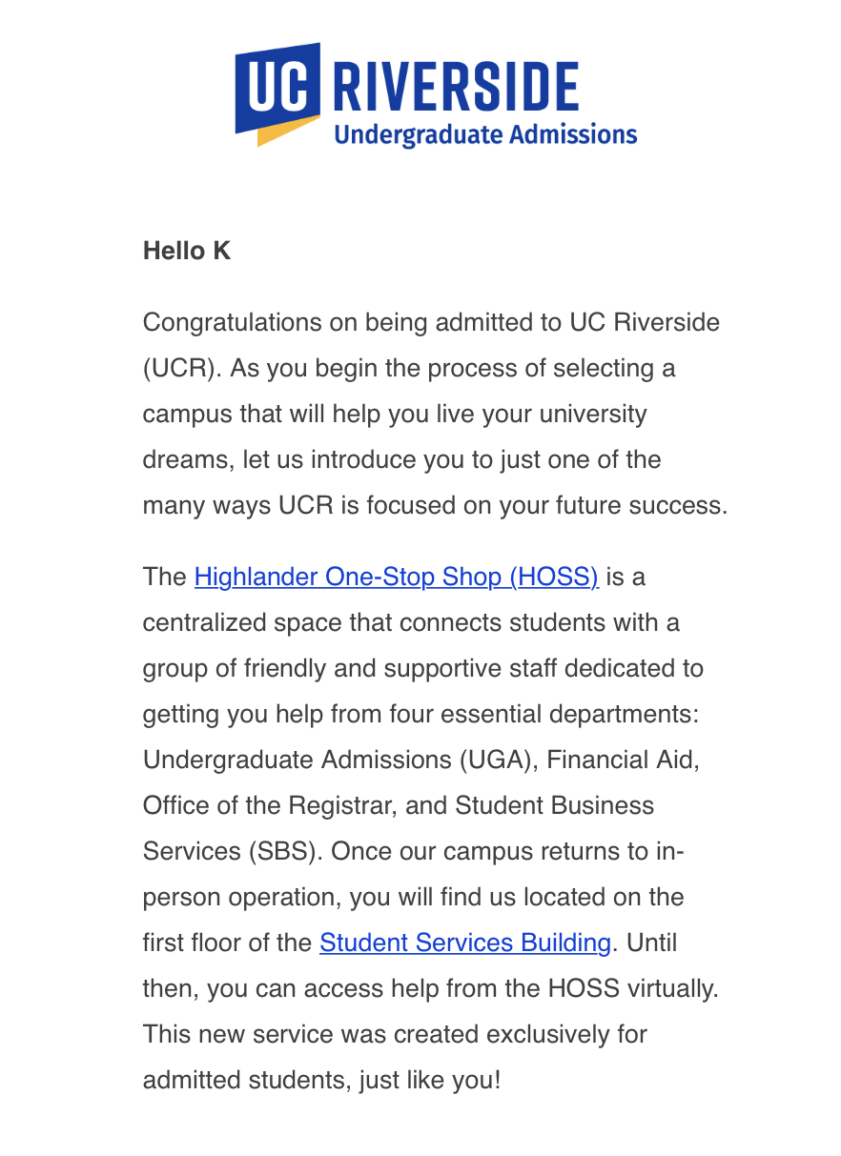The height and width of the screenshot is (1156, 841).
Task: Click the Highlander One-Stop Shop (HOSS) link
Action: pos(396,578)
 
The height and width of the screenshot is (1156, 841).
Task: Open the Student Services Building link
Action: pos(464,943)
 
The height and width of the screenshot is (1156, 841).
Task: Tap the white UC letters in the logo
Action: pos(277,89)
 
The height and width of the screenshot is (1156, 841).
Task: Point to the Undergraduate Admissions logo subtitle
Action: pos(485,134)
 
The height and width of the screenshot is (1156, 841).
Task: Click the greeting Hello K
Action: pos(187,252)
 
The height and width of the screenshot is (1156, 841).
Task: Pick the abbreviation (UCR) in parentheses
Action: pos(180,369)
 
